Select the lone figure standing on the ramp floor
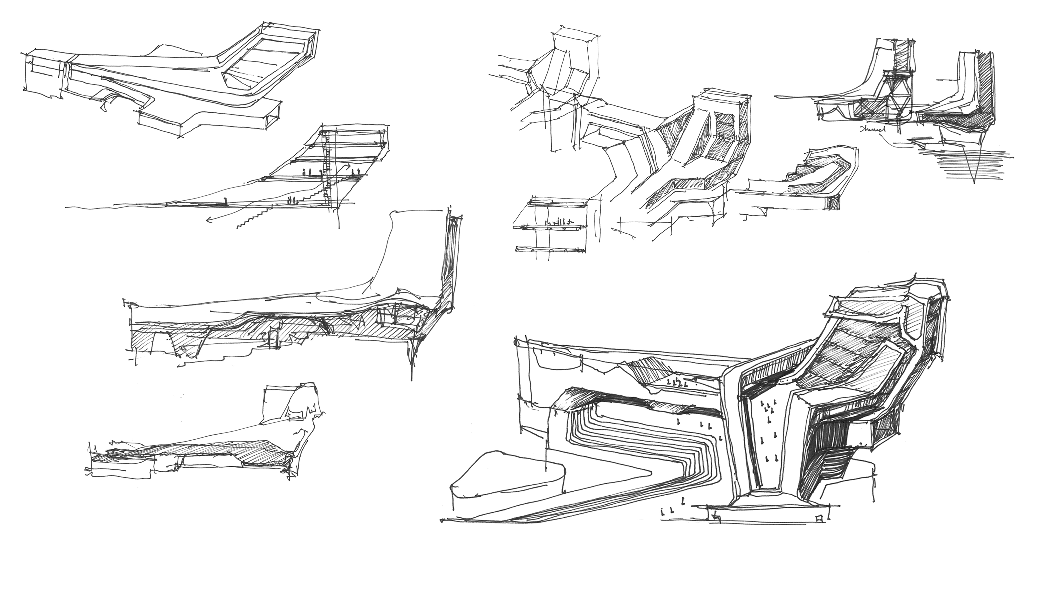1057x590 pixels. pyautogui.click(x=225, y=201)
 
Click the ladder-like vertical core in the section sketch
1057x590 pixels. pyautogui.click(x=327, y=168)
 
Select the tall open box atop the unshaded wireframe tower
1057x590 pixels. pyautogui.click(x=574, y=45)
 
